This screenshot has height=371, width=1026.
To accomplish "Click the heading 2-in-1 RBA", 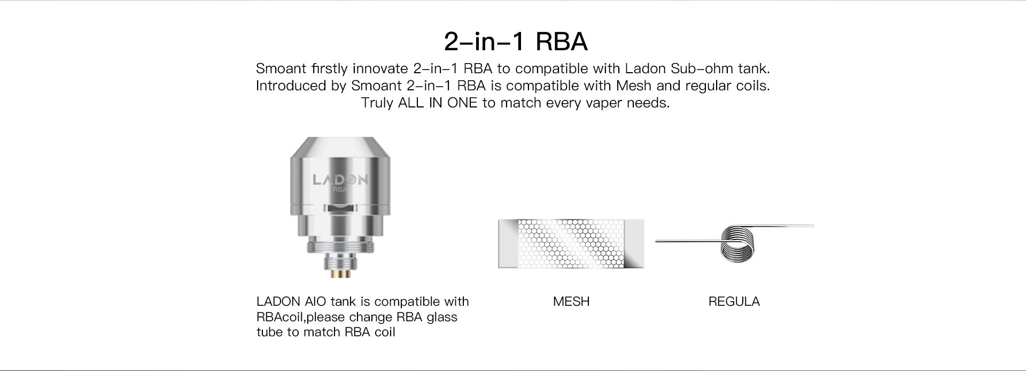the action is point(516,42).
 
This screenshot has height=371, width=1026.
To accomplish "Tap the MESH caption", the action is point(571,302).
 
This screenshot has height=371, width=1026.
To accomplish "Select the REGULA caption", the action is point(734,302).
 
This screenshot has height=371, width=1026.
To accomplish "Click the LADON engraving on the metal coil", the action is point(340,179).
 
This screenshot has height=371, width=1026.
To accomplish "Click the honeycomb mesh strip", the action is point(571,243).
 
